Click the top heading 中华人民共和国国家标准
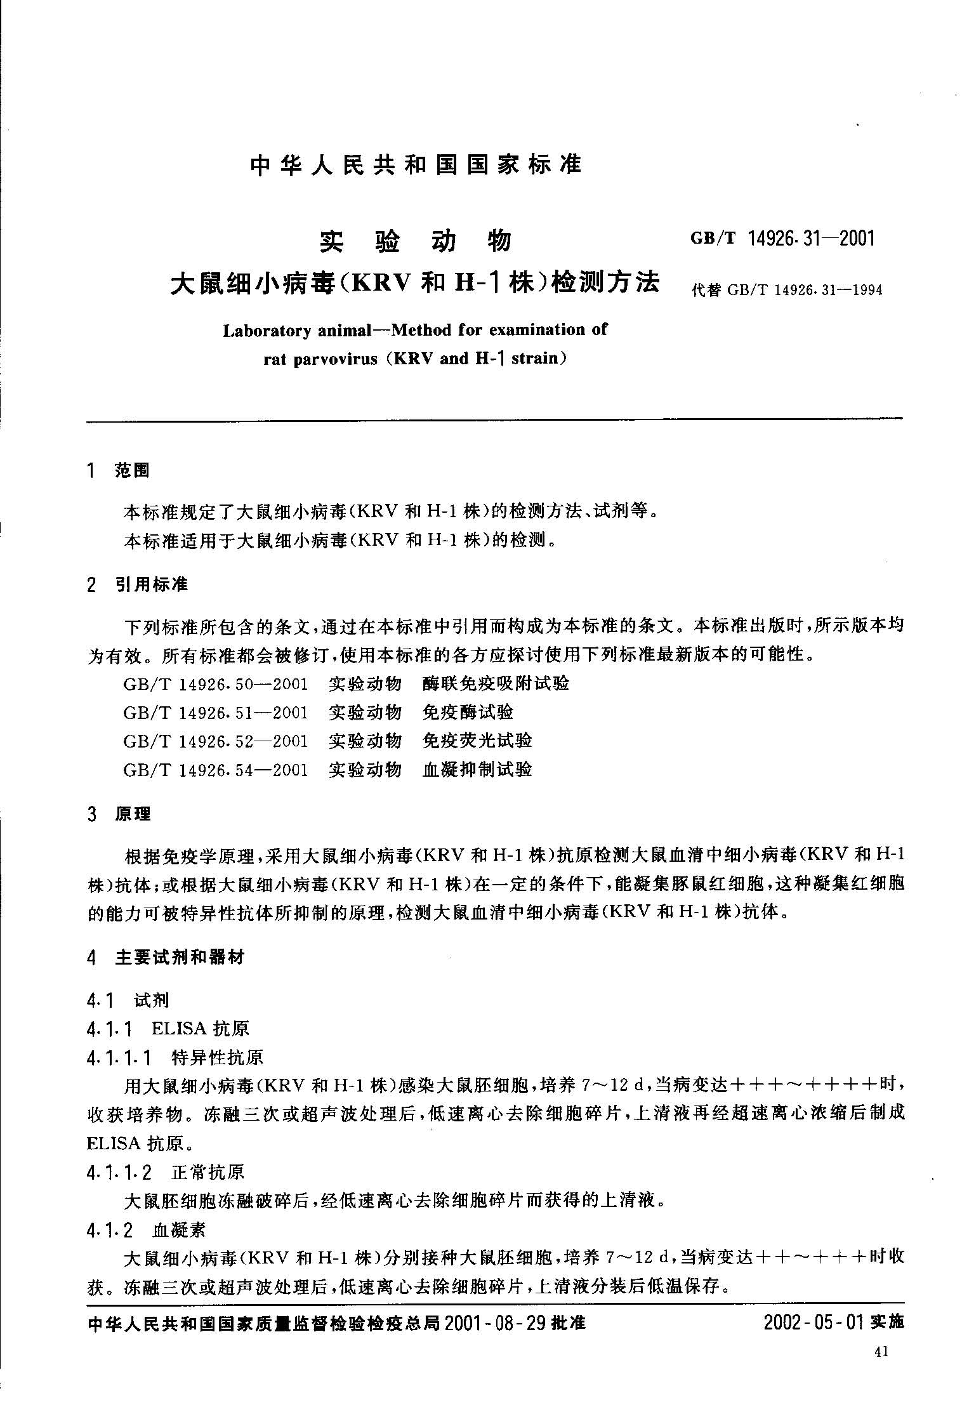416,165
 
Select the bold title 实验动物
415,241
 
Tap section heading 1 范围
119,470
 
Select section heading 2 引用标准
138,584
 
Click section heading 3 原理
119,814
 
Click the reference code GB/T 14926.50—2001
216,684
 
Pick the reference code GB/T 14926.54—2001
216,770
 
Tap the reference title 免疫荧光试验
477,741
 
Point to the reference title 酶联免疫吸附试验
496,684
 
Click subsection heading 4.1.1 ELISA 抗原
168,1029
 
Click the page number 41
881,1352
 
